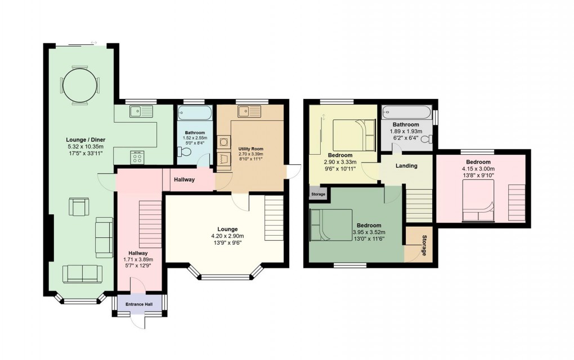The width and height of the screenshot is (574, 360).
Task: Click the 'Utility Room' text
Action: point(250,149)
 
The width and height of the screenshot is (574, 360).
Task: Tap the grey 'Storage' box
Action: point(317,195)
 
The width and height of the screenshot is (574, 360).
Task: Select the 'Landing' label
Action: point(406,166)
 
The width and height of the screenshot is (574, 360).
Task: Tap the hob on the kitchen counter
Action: point(137,157)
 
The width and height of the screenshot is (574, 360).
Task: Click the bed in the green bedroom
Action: point(331,226)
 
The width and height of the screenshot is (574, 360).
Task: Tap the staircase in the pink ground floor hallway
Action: point(150,224)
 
